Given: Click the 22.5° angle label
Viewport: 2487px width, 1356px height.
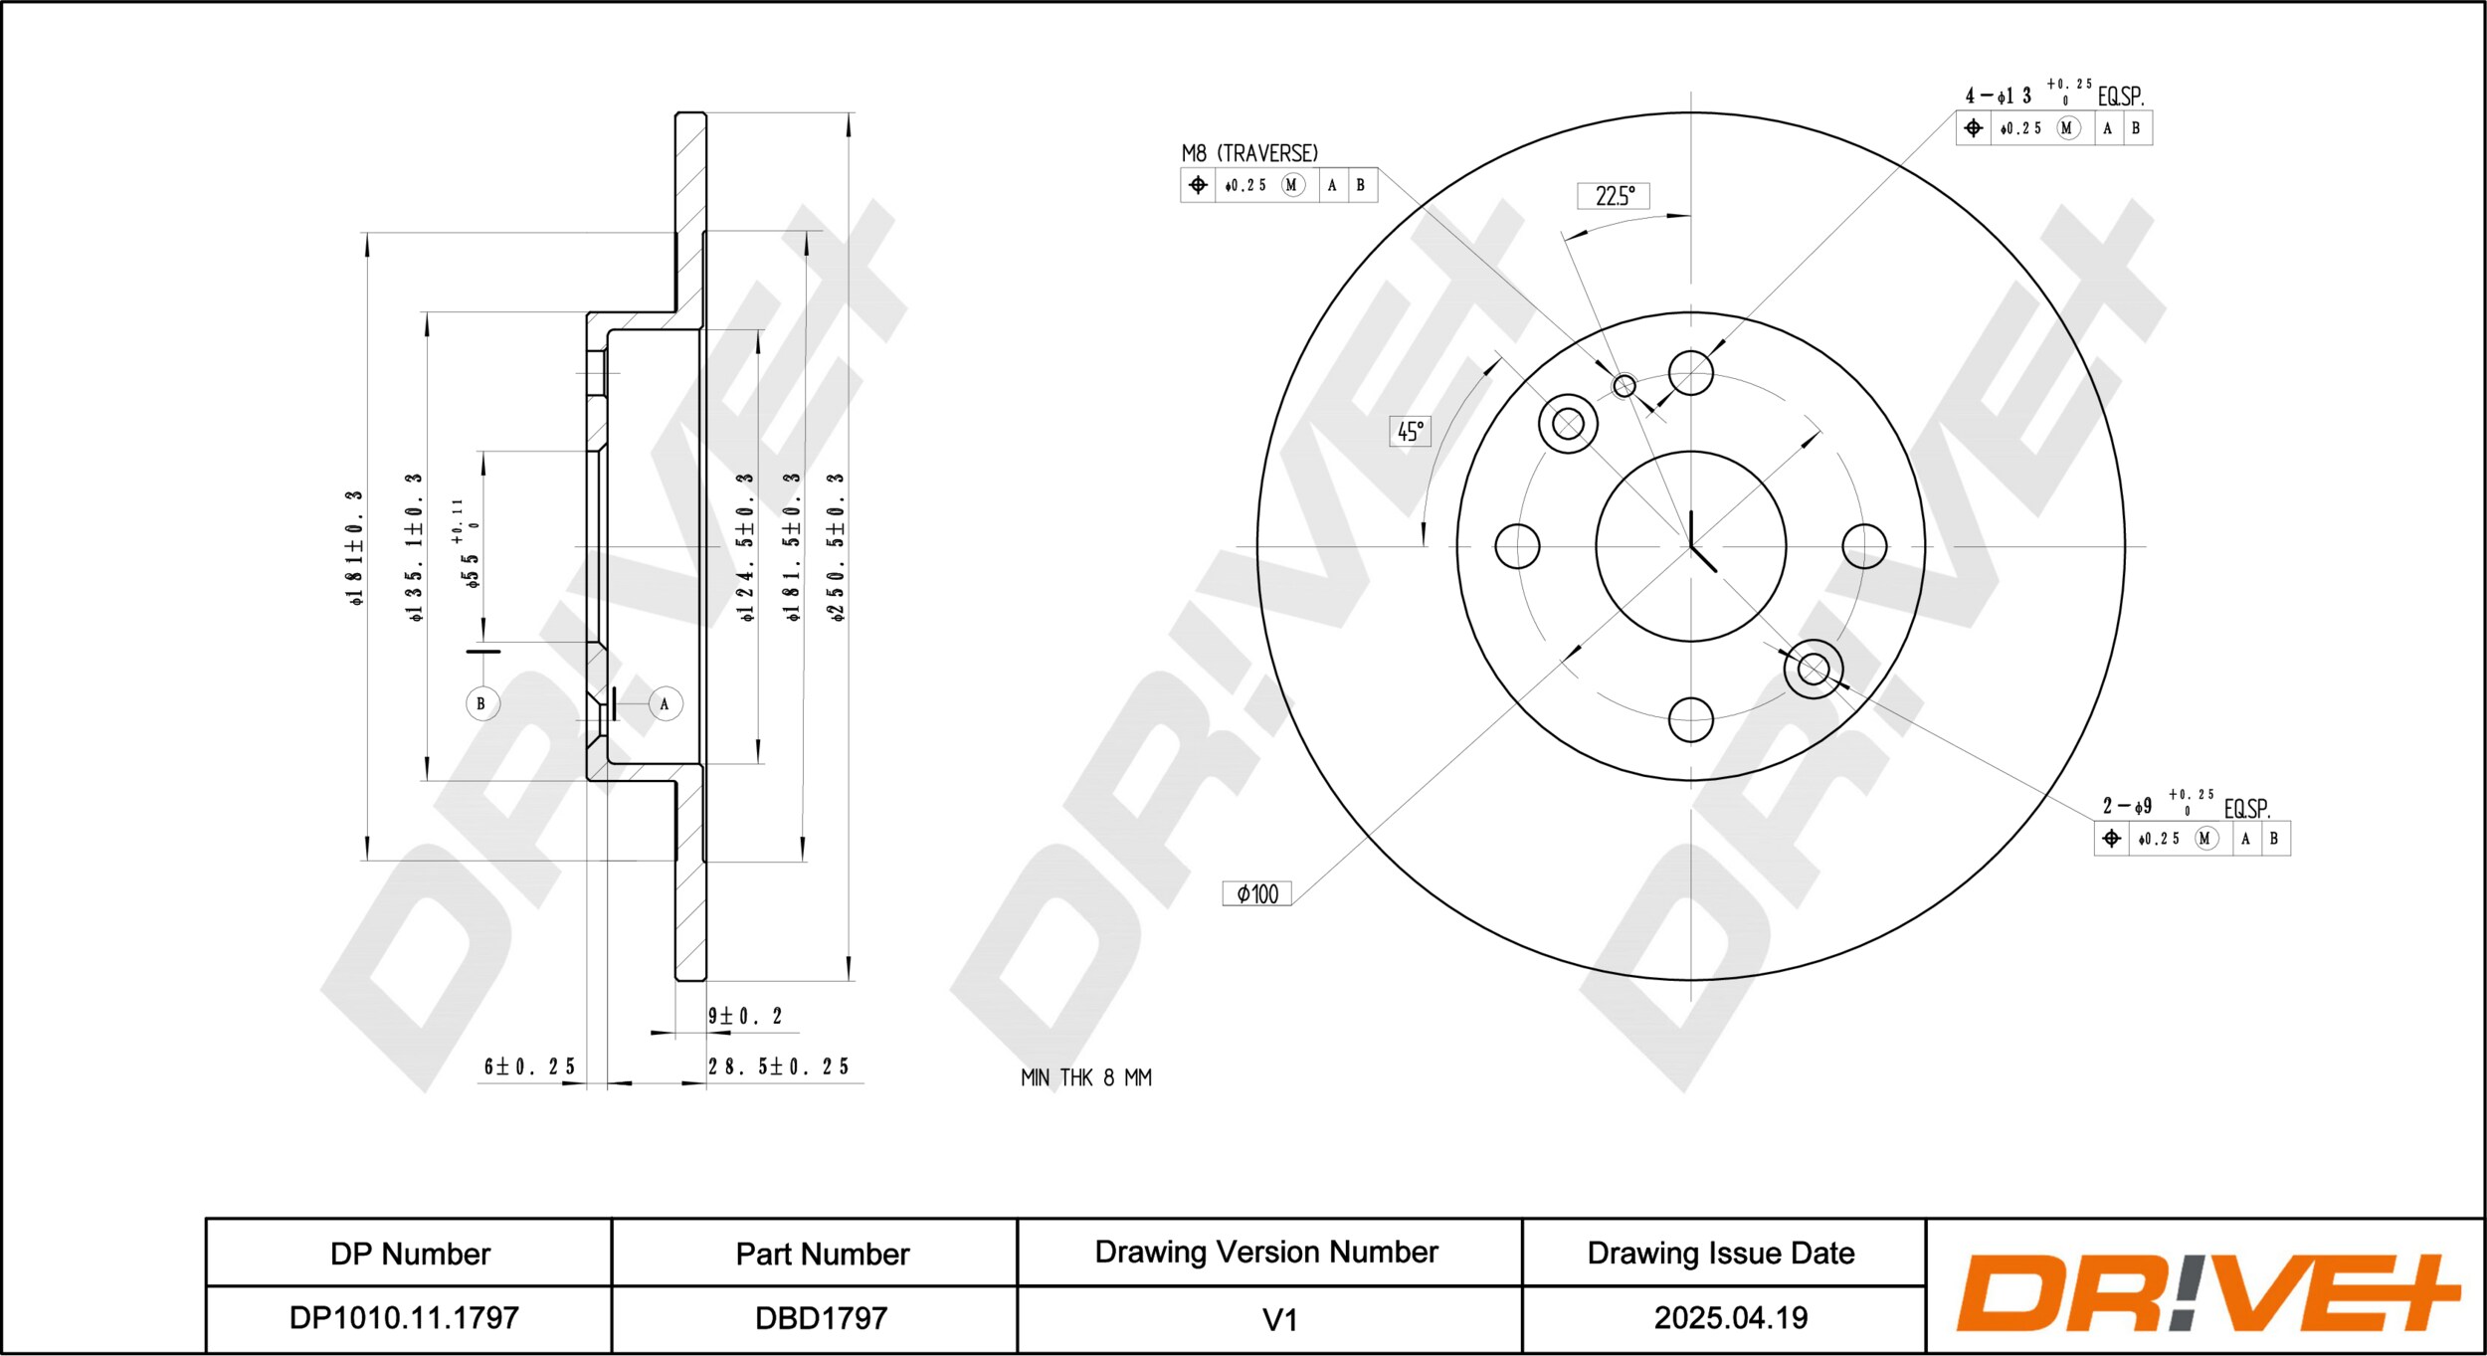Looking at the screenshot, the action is pyautogui.click(x=1614, y=196).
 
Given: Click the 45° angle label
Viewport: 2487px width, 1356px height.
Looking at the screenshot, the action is pyautogui.click(x=1410, y=431).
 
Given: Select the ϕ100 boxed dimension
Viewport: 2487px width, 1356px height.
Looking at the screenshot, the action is pyautogui.click(x=1257, y=893).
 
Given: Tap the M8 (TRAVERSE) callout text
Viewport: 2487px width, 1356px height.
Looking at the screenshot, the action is pyautogui.click(x=1249, y=153).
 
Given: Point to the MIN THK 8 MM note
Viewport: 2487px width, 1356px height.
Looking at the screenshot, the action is pyautogui.click(x=1086, y=1077).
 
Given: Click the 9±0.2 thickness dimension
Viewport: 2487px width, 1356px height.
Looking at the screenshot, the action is pyautogui.click(x=745, y=1016).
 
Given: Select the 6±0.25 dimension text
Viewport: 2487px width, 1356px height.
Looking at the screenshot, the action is pyautogui.click(x=529, y=1066).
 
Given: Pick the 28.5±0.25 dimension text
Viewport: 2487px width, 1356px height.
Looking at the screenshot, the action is pyautogui.click(x=779, y=1066).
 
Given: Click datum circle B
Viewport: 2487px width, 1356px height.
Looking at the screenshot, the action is pyautogui.click(x=482, y=703).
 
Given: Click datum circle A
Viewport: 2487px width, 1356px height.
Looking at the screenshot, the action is pyautogui.click(x=666, y=703).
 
